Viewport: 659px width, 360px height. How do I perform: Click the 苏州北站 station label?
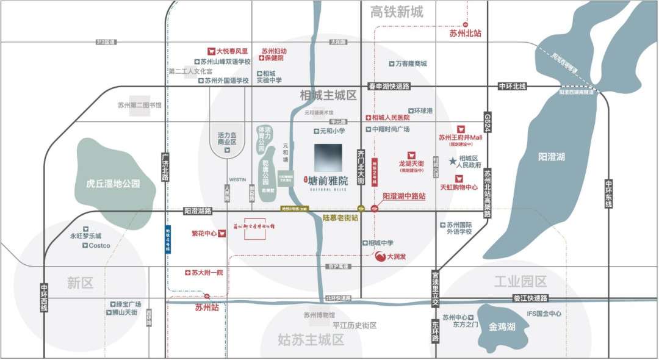(465, 34)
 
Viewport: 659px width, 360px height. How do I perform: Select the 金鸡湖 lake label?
(502, 327)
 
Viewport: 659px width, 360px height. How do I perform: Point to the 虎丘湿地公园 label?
(113, 183)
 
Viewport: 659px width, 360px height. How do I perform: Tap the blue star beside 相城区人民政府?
(452, 161)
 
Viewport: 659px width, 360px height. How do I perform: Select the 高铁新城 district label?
(397, 12)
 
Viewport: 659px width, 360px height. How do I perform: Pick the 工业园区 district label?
(520, 281)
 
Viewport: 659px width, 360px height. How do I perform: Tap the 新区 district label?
(79, 283)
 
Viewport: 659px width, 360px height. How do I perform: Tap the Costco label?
(99, 246)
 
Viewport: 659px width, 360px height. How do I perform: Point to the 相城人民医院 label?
(391, 117)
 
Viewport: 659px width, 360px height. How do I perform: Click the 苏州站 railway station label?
(207, 308)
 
